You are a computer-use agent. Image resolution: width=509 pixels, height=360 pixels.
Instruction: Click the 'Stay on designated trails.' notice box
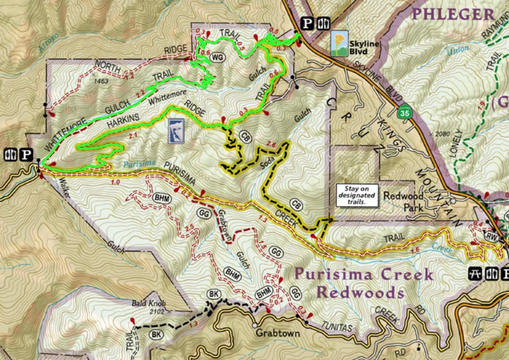[359, 195]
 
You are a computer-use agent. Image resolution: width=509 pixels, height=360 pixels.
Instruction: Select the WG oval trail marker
[218, 57]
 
